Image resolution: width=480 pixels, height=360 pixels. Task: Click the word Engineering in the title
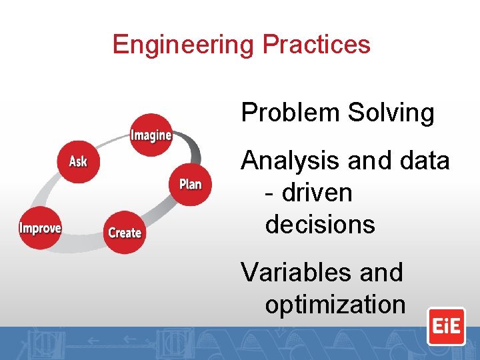184,45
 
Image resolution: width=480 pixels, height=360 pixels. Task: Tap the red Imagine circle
151,135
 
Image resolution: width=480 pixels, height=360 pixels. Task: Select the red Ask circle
78,161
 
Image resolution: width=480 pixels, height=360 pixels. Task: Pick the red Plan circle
190,184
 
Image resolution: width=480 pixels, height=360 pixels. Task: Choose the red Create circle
125,233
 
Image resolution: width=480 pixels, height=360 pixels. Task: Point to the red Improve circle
40,228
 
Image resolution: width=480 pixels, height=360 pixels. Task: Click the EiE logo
446,326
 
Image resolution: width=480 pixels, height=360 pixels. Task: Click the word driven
317,193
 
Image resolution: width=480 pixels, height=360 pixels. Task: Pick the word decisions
320,225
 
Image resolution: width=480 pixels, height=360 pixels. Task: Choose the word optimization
335,305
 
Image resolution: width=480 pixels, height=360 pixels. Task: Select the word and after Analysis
366,161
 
